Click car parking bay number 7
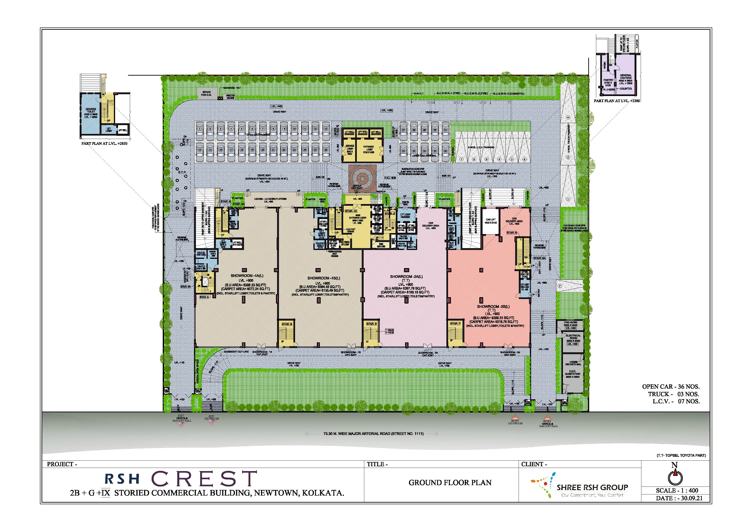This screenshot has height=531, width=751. point(262,129)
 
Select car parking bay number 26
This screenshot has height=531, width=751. point(326,150)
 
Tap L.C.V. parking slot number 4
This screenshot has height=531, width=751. point(499,159)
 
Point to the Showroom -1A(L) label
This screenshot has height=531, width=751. point(242,276)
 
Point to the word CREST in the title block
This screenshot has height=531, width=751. point(204,478)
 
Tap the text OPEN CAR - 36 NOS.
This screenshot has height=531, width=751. point(671,386)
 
